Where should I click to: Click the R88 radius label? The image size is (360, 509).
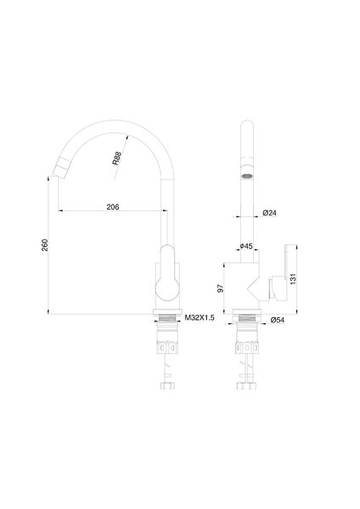tap(117, 158)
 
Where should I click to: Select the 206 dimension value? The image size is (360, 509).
tap(113, 207)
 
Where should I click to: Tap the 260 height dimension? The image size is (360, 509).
tap(45, 245)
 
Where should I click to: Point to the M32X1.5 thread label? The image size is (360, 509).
tap(200, 318)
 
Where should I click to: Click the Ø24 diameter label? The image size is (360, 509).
tap(269, 213)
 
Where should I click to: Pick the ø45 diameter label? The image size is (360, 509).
tap(246, 246)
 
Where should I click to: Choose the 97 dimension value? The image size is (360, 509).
tap(221, 288)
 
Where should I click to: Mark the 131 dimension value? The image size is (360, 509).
tap(293, 279)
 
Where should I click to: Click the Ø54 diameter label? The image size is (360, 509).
tap(277, 320)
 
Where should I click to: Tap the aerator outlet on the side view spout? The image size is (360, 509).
tap(247, 176)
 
